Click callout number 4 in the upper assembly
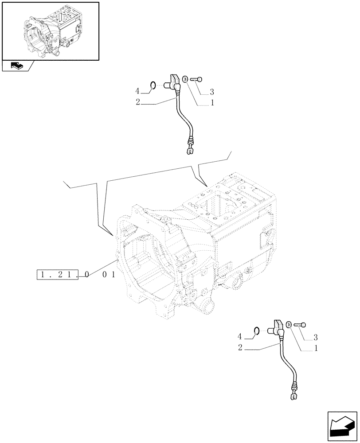137,91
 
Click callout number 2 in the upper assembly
138,102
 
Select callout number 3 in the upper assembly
211,92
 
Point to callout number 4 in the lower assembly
240,337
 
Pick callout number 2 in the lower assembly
240,349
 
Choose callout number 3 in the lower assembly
315,338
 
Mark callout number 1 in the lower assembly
316,349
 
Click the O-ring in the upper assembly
152,85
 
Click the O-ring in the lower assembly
256,330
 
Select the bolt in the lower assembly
300,325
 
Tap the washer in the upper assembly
185,79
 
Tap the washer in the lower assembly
289,325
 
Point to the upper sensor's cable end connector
190,148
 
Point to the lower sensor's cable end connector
293,394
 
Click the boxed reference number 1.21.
58,275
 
